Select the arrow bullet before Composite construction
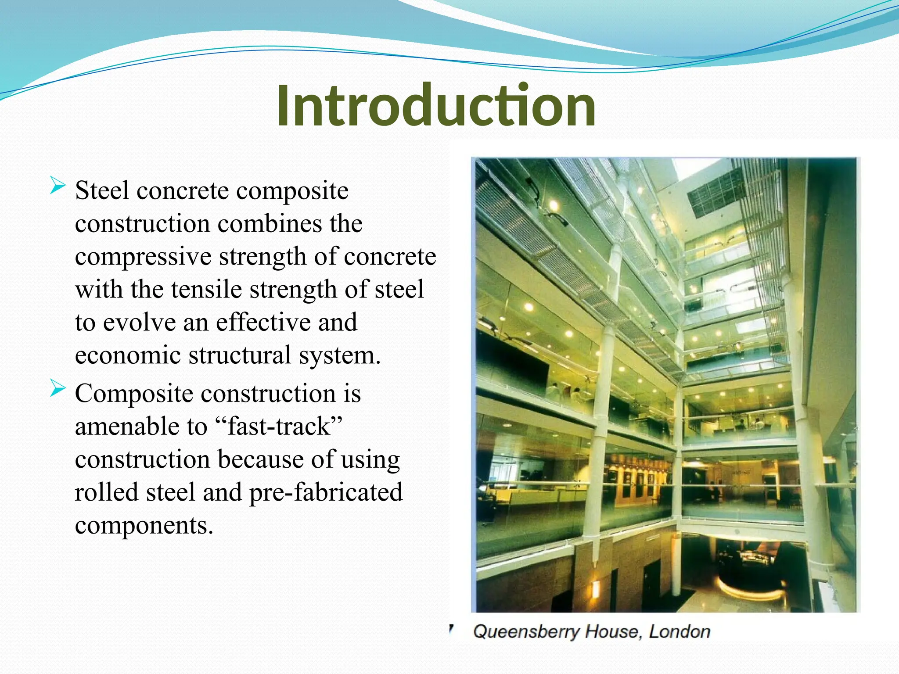pyautogui.click(x=58, y=388)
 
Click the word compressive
pyautogui.click(x=143, y=257)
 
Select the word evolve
pyautogui.click(x=139, y=323)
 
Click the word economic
pyautogui.click(x=128, y=355)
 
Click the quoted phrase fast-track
pyautogui.click(x=279, y=427)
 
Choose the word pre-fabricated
pyautogui.click(x=326, y=492)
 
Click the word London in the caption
pyautogui.click(x=680, y=632)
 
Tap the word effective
pyautogui.click(x=263, y=323)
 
